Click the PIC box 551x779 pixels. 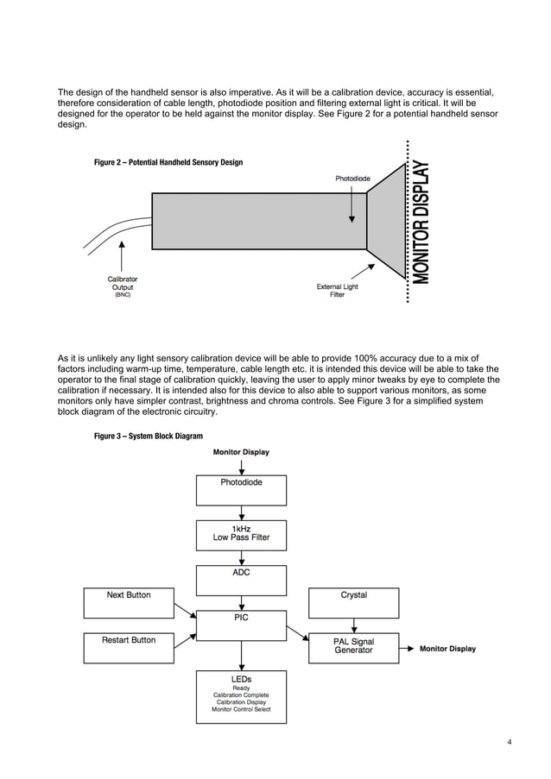tap(241, 624)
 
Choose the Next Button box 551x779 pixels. tap(129, 602)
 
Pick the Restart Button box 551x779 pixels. tap(129, 647)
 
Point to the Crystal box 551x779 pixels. tap(354, 602)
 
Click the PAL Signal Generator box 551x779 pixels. tap(354, 647)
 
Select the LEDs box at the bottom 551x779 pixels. tap(241, 696)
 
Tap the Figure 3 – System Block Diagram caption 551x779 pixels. tap(149, 437)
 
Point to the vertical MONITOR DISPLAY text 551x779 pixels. tap(421, 222)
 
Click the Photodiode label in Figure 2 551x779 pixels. tap(352, 179)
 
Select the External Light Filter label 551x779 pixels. tap(337, 291)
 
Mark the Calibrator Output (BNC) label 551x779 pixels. tap(122, 286)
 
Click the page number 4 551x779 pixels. tap(510, 741)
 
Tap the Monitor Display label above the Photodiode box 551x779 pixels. tap(241, 451)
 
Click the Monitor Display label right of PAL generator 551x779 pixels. tap(447, 649)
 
